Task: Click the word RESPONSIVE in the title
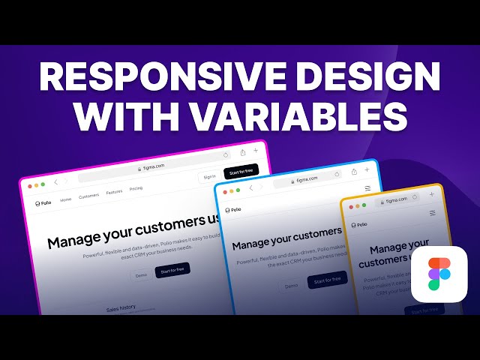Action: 151,78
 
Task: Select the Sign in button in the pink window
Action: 209,177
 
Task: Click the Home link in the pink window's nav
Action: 66,199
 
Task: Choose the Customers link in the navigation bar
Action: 89,196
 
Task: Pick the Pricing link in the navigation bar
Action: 136,189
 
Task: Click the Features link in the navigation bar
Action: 114,192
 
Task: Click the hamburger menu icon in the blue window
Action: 367,188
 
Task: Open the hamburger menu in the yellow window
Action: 433,213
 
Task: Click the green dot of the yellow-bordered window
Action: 364,205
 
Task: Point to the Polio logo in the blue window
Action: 232,210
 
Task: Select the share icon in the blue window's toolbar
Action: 353,172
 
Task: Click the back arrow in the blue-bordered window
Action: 250,188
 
